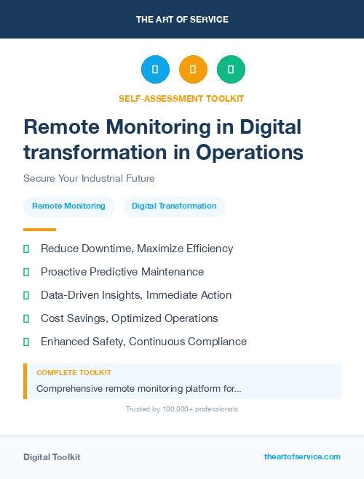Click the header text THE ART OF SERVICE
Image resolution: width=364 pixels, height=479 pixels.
pyautogui.click(x=182, y=20)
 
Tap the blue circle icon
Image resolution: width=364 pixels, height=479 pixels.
pyautogui.click(x=155, y=70)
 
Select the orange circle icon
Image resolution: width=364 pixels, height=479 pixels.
pyautogui.click(x=193, y=70)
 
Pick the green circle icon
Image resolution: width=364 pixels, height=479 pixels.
pyautogui.click(x=231, y=70)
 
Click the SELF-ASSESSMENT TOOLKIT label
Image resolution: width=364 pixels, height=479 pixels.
pyautogui.click(x=181, y=99)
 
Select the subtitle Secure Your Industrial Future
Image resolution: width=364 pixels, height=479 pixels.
pyautogui.click(x=89, y=178)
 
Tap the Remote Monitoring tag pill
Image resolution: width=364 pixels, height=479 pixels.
pyautogui.click(x=68, y=206)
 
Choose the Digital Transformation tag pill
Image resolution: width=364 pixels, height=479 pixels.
pyautogui.click(x=174, y=206)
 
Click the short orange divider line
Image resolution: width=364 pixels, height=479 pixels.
pyautogui.click(x=39, y=229)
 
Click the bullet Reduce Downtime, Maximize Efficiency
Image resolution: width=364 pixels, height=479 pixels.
pyautogui.click(x=137, y=249)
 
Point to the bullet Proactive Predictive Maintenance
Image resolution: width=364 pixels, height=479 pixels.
pyautogui.click(x=122, y=272)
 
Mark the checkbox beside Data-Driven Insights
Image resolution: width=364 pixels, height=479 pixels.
pyautogui.click(x=26, y=295)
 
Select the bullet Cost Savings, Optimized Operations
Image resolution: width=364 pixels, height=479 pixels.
pyautogui.click(x=130, y=318)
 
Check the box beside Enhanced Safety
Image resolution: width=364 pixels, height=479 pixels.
pyautogui.click(x=26, y=342)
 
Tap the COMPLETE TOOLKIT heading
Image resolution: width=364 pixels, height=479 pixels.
pyautogui.click(x=74, y=372)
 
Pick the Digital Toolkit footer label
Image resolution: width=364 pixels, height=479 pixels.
pyautogui.click(x=52, y=457)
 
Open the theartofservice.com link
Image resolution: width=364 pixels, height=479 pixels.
pyautogui.click(x=302, y=456)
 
